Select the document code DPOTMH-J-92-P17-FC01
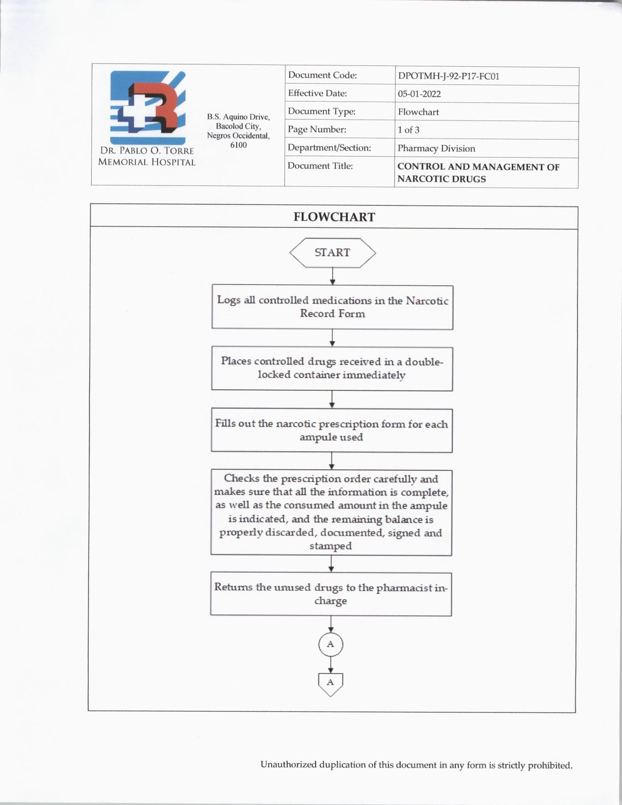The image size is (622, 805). point(448,76)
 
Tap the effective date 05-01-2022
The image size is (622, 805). point(419,94)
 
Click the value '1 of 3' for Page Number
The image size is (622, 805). point(408,130)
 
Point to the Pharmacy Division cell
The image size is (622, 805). point(436,148)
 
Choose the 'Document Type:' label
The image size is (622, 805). point(321,111)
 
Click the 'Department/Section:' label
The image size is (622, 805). point(329,147)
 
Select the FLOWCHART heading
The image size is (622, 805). point(334,217)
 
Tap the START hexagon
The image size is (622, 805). point(332,253)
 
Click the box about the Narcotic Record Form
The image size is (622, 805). point(332,307)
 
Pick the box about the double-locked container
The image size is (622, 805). point(332,368)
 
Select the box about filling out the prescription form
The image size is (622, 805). point(331,430)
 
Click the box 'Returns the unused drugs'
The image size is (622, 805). point(331,594)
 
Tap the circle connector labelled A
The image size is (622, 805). point(331,644)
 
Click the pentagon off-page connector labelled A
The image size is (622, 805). point(330,683)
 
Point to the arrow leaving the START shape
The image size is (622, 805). point(332,276)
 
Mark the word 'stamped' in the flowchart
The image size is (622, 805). point(330,546)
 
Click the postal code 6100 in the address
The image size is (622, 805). point(238,145)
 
